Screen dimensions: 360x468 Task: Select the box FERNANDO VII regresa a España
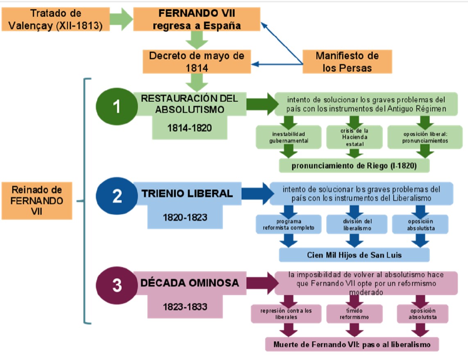(197, 18)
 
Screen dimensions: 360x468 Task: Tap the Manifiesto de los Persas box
(347, 62)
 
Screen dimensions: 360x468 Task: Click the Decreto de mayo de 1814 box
(197, 62)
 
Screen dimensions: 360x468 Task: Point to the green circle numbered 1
(116, 107)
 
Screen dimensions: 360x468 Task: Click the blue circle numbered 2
(117, 196)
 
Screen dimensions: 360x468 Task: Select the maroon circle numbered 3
(117, 285)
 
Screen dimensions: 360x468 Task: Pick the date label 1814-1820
(189, 128)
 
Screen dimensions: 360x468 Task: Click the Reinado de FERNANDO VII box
(37, 201)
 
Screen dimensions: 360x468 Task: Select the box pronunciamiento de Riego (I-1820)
(354, 166)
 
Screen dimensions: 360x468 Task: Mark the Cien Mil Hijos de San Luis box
(354, 255)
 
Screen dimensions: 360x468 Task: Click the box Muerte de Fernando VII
(352, 344)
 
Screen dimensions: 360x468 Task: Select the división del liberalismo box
(357, 225)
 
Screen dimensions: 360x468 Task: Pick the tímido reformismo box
(354, 314)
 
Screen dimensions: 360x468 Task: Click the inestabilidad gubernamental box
(287, 137)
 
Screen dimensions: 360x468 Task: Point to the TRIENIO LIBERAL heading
(187, 194)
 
